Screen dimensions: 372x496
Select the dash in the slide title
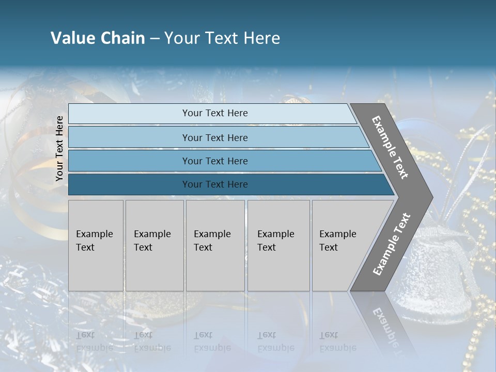point(154,39)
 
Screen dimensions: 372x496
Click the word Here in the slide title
point(261,38)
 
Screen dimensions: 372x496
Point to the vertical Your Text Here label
point(59,149)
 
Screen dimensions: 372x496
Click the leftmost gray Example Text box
point(96,245)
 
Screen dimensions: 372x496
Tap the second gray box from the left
point(154,245)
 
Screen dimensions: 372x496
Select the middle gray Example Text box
point(215,245)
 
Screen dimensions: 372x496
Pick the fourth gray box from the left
point(278,245)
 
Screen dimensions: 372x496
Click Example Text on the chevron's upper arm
point(390,147)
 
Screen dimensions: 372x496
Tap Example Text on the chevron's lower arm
point(392,244)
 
